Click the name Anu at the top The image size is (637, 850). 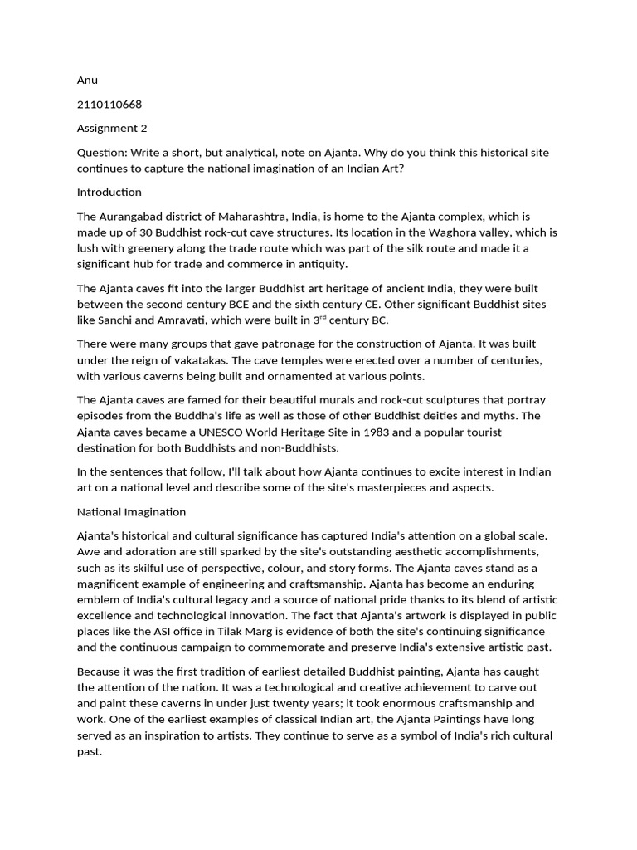pyautogui.click(x=87, y=81)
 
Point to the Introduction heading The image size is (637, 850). pyautogui.click(x=109, y=192)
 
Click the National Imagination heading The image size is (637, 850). pyautogui.click(x=131, y=512)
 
